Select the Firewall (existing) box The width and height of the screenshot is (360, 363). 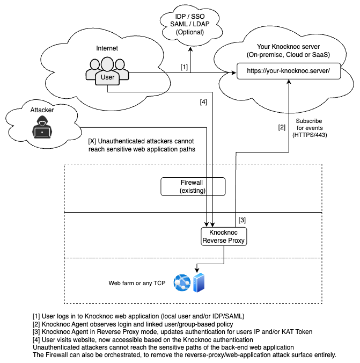[193, 186]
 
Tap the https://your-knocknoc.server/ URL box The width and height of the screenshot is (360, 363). [288, 71]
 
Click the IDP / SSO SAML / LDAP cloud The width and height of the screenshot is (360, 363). [190, 24]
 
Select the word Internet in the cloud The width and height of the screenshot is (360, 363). [107, 48]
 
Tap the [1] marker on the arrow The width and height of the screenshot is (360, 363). [184, 67]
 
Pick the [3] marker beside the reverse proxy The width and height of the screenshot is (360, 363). [242, 220]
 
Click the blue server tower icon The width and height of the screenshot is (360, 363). [199, 282]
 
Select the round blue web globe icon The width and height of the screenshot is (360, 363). [181, 282]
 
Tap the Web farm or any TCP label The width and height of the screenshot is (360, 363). [137, 282]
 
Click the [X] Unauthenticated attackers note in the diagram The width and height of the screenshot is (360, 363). [141, 145]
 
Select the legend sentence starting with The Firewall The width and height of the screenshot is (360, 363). [184, 355]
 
